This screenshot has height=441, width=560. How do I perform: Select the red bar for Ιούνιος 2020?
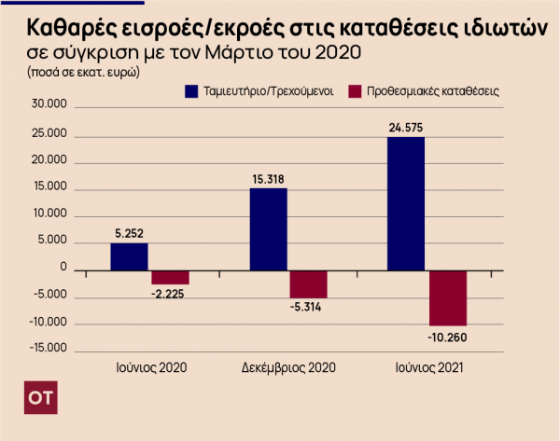point(170,278)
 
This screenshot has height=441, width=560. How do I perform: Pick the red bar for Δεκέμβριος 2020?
point(308,284)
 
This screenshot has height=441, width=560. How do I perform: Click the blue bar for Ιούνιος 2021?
point(406,204)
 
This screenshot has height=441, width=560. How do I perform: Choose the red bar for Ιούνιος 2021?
point(447,298)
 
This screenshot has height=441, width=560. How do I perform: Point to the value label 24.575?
point(406,127)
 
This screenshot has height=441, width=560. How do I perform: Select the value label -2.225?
point(170,295)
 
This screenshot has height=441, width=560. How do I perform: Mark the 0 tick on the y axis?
point(63,269)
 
